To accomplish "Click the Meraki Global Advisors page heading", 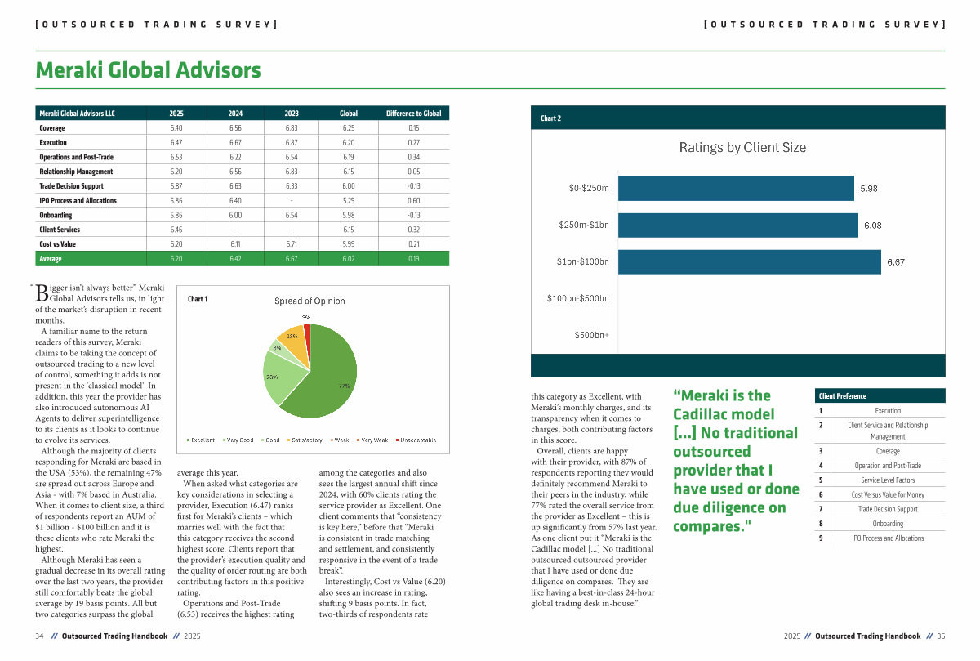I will click(148, 70).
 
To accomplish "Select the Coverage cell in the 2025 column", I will click(176, 128).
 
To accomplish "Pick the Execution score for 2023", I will click(292, 143).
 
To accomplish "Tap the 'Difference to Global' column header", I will click(413, 114).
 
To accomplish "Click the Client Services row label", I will click(58, 230).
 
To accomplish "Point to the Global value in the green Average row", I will click(349, 259).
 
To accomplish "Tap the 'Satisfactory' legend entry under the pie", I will click(305, 440).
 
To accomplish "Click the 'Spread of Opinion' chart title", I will click(310, 301).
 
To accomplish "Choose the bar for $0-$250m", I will click(735, 188).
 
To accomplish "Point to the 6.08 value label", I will click(872, 226).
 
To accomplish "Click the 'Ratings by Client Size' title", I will click(742, 148).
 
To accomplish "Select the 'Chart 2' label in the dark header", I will click(550, 118).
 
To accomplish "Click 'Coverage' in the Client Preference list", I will click(888, 451).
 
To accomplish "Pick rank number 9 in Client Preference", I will click(820, 538).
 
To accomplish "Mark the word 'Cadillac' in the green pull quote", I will click(704, 414).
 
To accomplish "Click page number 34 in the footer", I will click(39, 636).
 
